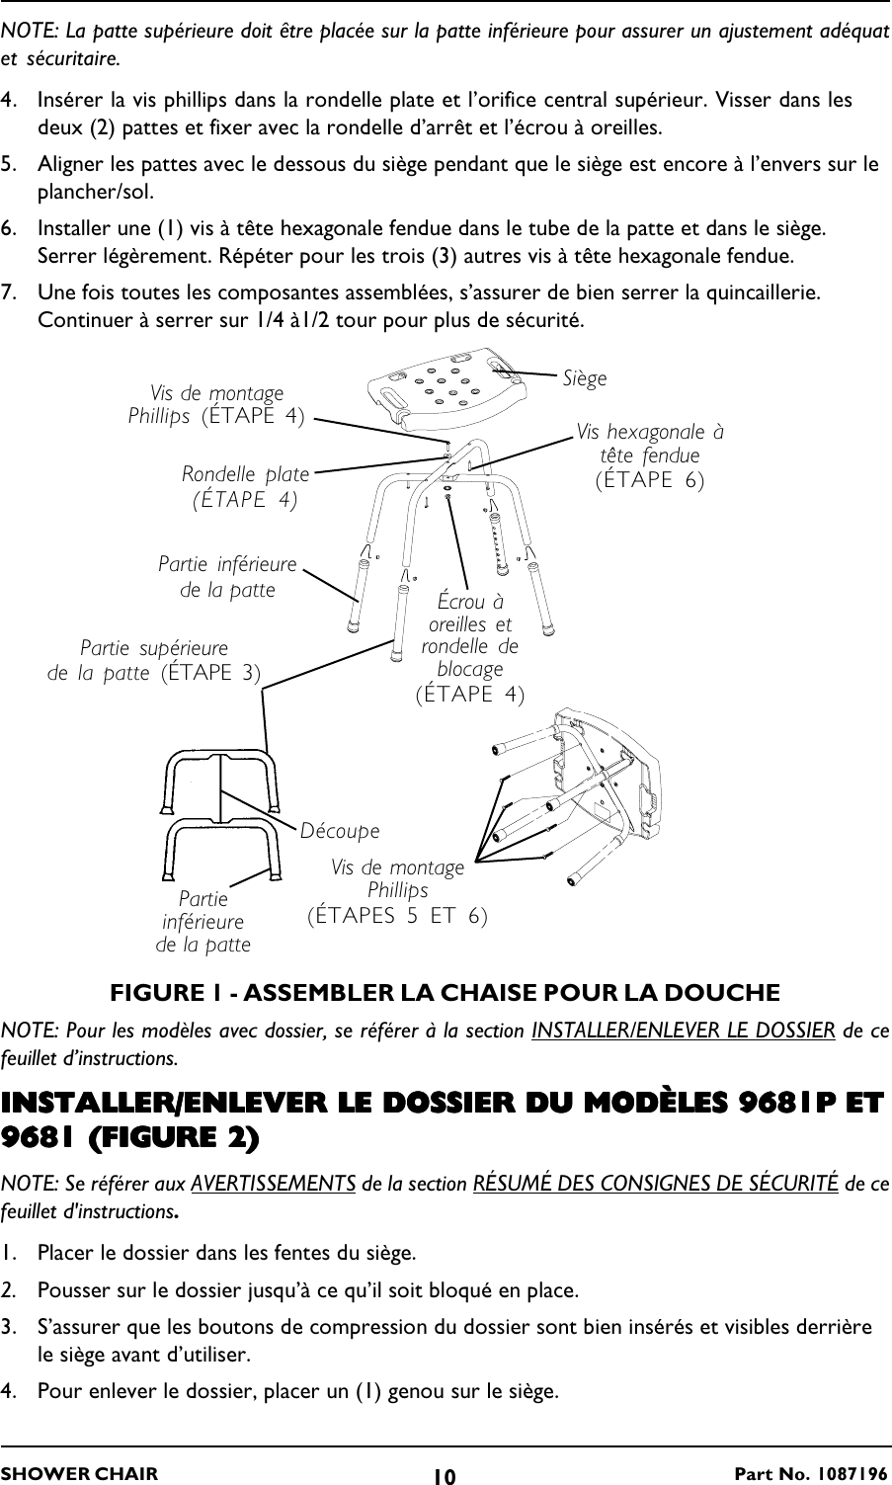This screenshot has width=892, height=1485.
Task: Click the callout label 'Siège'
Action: pos(585,378)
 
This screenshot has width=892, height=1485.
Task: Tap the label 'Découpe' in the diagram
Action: pos(340,831)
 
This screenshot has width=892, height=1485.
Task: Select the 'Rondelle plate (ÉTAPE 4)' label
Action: pos(245,487)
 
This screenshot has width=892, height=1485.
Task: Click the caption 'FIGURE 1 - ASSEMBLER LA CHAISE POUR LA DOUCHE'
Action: pos(445,992)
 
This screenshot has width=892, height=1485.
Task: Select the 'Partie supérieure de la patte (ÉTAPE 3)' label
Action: pos(155,661)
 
